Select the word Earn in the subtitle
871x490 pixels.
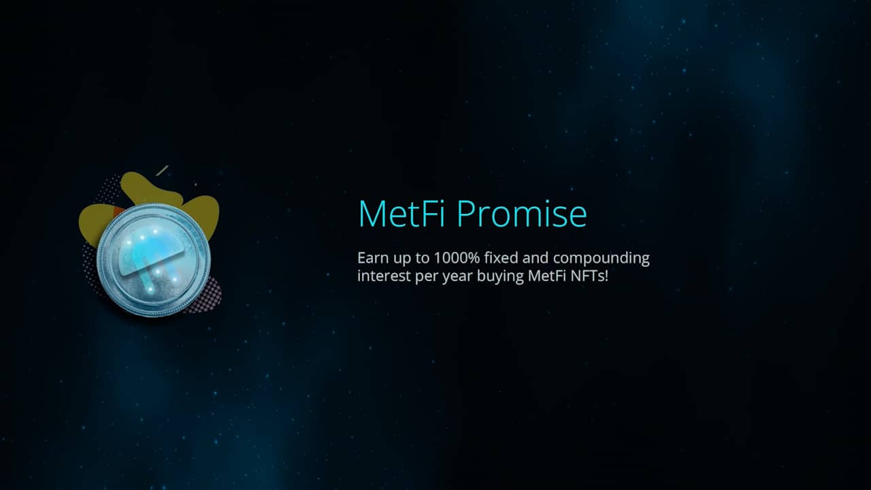coord(372,259)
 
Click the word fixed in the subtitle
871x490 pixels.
coord(504,259)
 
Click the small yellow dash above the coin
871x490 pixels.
coord(162,169)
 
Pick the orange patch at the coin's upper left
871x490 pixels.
coord(118,212)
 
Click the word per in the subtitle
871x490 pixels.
coord(426,277)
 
